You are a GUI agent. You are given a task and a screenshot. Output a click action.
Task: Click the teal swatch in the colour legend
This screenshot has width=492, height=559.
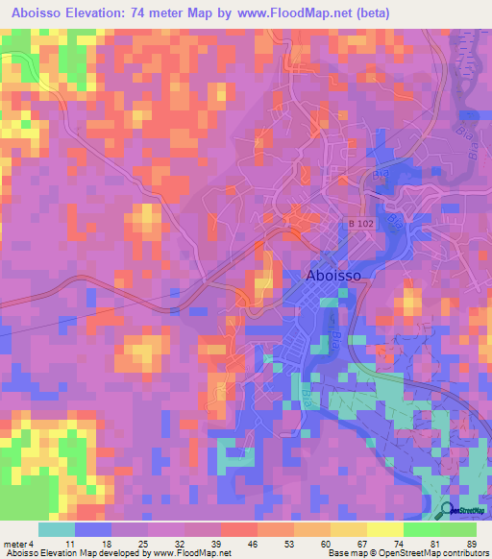pos(56,530)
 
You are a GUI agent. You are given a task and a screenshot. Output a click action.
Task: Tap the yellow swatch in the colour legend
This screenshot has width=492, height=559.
pos(384,530)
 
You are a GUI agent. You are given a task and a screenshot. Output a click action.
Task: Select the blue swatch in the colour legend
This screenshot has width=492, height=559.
pos(92,530)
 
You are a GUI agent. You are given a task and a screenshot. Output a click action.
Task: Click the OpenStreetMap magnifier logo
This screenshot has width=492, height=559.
pos(447,511)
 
